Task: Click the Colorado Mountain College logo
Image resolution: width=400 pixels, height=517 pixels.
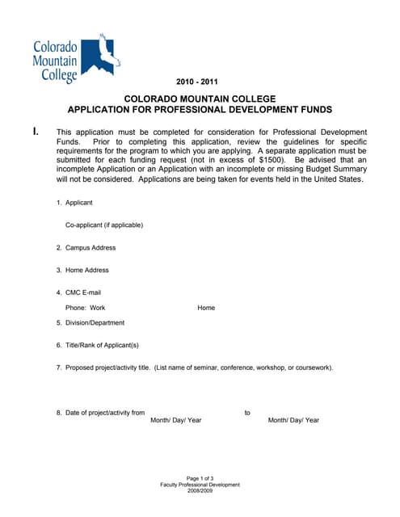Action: (x=75, y=58)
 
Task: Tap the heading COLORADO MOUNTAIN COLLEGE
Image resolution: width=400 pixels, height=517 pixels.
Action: (x=199, y=98)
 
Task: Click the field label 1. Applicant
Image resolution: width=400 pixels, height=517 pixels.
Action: (x=74, y=202)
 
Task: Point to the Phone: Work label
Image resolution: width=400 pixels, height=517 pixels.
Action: (x=85, y=308)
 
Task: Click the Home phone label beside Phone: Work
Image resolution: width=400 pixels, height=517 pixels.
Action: (x=206, y=308)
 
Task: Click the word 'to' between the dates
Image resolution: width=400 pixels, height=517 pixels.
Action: (x=247, y=413)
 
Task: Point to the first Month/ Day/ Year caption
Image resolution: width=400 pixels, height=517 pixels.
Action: (x=176, y=420)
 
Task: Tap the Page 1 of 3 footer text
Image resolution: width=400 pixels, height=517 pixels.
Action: (x=200, y=478)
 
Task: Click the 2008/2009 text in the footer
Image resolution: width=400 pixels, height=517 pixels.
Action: (x=200, y=491)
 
